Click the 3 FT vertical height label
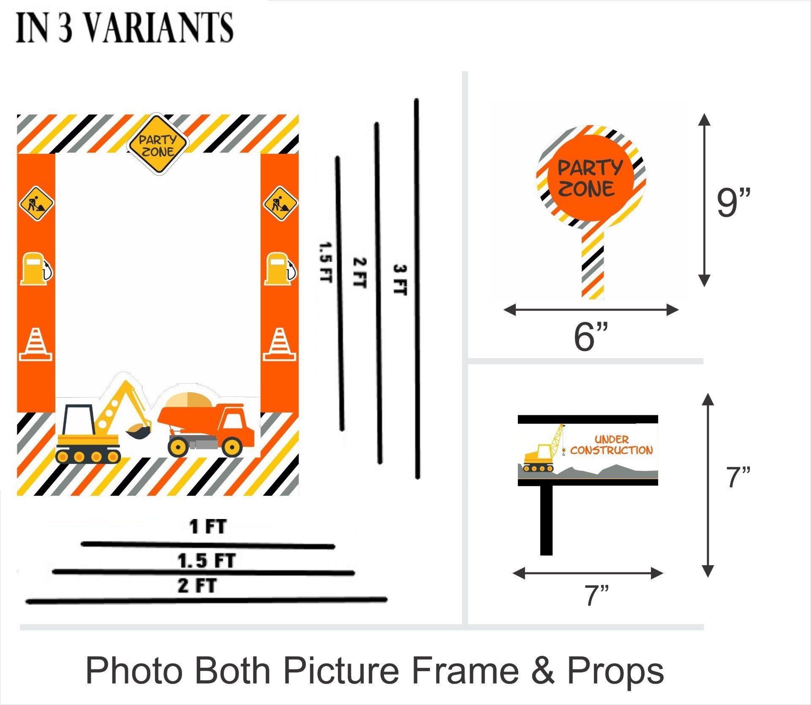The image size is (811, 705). [400, 280]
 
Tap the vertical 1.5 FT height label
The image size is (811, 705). [325, 262]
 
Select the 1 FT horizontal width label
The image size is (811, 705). [208, 527]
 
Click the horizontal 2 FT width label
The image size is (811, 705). [197, 586]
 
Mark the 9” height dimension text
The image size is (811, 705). [734, 203]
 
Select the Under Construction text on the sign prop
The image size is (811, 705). [611, 445]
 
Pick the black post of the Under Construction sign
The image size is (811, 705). [546, 520]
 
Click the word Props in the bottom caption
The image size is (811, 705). [615, 671]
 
